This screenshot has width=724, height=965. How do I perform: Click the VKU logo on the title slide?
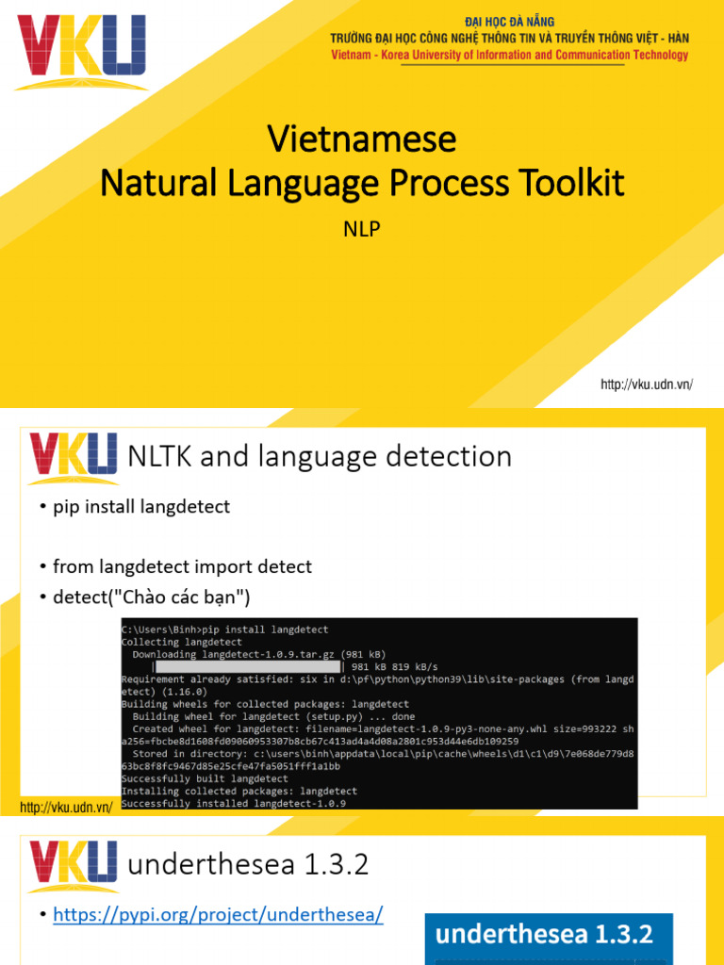[82, 50]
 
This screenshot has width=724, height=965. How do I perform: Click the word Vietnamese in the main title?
[362, 139]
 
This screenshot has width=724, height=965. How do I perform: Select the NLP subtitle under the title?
[362, 229]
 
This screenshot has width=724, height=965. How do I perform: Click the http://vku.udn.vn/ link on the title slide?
[647, 384]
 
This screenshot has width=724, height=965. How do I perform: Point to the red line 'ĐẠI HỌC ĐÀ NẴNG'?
[510, 22]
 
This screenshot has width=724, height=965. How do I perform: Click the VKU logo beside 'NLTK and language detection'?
[74, 458]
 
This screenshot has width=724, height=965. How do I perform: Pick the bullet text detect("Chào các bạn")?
[151, 597]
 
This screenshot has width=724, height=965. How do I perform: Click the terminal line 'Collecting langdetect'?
[182, 642]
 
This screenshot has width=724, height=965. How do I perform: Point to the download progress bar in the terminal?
[246, 666]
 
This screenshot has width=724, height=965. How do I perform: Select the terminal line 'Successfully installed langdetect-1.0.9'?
[233, 804]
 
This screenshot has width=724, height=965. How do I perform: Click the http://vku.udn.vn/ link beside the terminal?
[66, 808]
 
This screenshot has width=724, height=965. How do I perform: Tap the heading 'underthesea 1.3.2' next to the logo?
[247, 865]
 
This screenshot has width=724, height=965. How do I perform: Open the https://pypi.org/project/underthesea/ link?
[218, 914]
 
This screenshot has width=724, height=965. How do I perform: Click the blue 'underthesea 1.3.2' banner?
[549, 936]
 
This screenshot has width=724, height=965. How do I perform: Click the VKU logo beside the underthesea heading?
[74, 867]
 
